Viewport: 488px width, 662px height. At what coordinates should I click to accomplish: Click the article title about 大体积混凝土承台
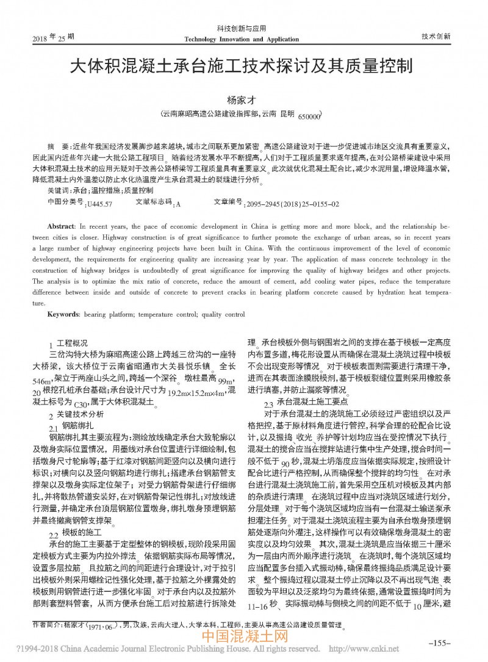pyautogui.click(x=243, y=67)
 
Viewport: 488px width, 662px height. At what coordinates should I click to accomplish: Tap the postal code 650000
pyautogui.click(x=308, y=117)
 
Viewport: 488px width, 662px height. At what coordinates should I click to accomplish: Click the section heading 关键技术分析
pyautogui.click(x=80, y=415)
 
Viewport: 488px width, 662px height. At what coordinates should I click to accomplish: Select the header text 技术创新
pyautogui.click(x=436, y=36)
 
